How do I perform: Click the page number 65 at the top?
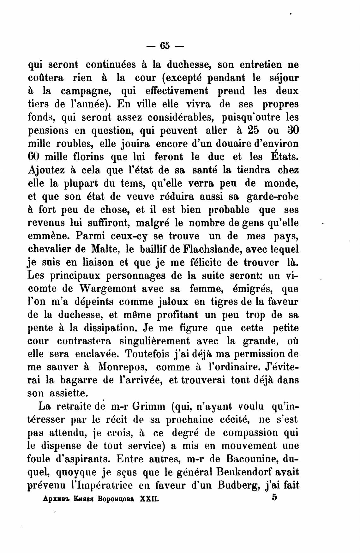click(x=165, y=46)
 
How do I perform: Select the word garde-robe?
click(x=272, y=196)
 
